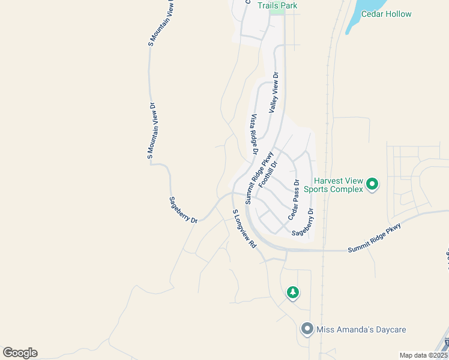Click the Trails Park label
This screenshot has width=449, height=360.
pyautogui.click(x=277, y=5)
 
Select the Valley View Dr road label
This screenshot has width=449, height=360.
pyautogui.click(x=274, y=93)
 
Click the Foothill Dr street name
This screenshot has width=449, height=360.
pyautogui.click(x=268, y=174)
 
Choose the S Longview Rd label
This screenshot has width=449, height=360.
pyautogui.click(x=244, y=229)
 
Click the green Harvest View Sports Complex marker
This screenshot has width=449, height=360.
pyautogui.click(x=372, y=184)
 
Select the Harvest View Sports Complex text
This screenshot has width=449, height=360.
pyautogui.click(x=334, y=184)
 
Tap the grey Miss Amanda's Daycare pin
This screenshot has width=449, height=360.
pyautogui.click(x=307, y=329)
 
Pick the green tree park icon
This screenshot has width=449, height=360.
pyautogui.click(x=292, y=293)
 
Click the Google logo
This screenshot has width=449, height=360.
pyautogui.click(x=20, y=353)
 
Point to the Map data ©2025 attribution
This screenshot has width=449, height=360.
pyautogui.click(x=424, y=355)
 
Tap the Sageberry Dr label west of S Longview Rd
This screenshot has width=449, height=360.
pyautogui.click(x=183, y=210)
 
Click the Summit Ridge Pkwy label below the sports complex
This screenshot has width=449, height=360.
pyautogui.click(x=374, y=239)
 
